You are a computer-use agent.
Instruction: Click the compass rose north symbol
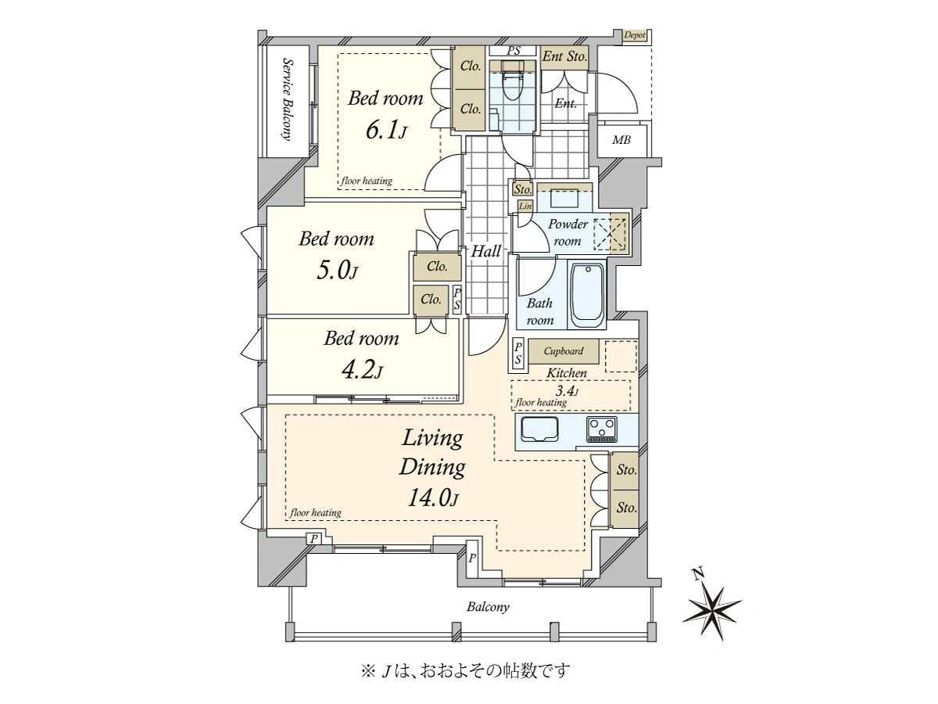(711, 612)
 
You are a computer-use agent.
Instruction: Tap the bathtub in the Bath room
(587, 296)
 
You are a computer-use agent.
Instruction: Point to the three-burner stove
(602, 429)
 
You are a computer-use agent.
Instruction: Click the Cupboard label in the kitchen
(564, 351)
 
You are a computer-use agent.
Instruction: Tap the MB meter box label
(621, 139)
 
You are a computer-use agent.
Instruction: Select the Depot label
(635, 35)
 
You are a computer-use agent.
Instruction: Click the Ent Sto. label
(564, 56)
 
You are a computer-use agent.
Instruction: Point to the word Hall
(486, 251)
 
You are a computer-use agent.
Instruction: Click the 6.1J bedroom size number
(386, 130)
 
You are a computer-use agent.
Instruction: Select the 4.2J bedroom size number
(362, 369)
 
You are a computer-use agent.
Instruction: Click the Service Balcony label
(288, 100)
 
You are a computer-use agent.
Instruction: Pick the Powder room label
(568, 232)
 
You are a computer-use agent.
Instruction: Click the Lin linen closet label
(525, 206)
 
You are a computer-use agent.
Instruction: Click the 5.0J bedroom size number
(337, 270)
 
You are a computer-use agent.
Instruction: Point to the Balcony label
(488, 607)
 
